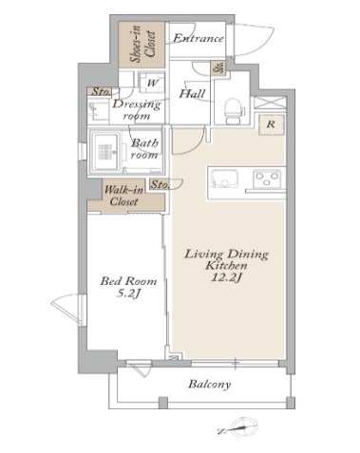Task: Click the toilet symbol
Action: (x=234, y=110)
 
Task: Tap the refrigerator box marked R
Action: (x=271, y=124)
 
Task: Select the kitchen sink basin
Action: (x=225, y=179)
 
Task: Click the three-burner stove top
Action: (x=267, y=179)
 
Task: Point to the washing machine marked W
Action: (x=152, y=83)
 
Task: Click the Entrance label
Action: (x=199, y=38)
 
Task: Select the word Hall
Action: (x=192, y=93)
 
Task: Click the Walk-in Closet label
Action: (x=123, y=196)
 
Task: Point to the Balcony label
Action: (x=210, y=385)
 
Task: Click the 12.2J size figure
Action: (x=226, y=277)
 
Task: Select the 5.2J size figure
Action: (x=128, y=293)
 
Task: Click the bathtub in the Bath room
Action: (x=105, y=152)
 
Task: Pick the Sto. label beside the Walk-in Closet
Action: (x=160, y=184)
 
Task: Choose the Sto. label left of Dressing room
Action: (x=101, y=92)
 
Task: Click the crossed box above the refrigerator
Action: (x=270, y=103)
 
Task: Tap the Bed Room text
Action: (x=128, y=281)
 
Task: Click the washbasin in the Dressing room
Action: (x=94, y=112)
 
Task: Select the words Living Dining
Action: (x=226, y=255)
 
